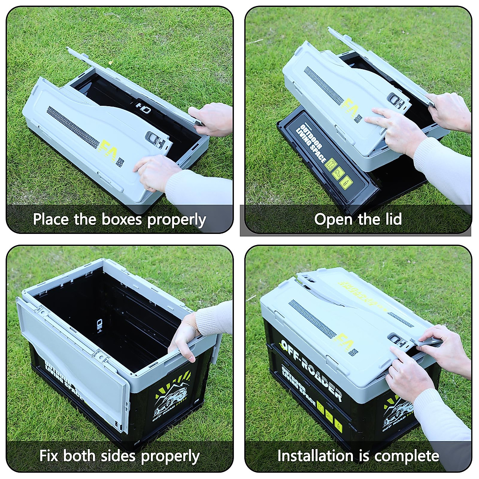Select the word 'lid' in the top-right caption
(x=393, y=220)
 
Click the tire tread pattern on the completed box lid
(x=309, y=315)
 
